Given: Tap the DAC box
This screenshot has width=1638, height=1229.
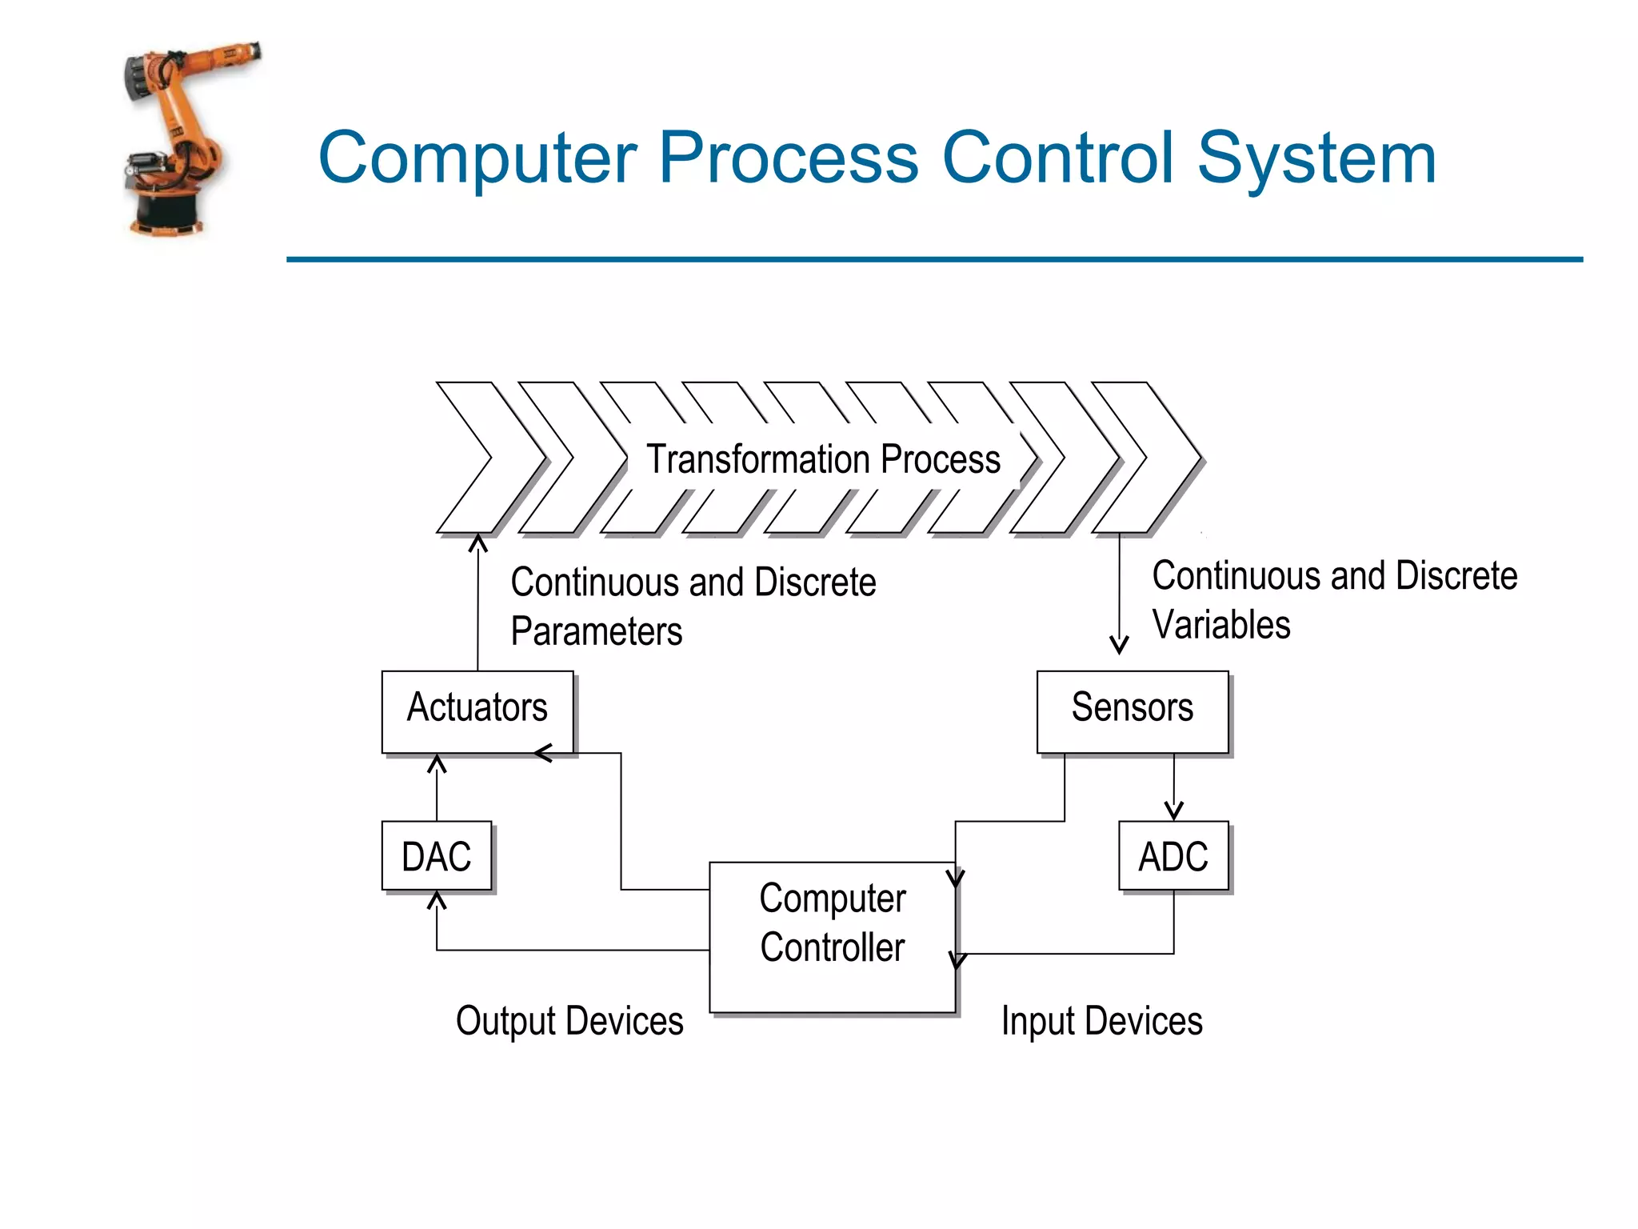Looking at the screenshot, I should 436,855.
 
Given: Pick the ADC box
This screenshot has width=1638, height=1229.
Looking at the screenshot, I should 1173,855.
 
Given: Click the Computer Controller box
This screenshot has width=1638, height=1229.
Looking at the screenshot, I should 832,936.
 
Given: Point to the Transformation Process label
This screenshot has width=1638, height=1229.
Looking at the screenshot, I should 823,459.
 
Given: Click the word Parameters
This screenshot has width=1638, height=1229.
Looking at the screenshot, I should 597,631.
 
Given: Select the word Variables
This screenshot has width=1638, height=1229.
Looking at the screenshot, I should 1221,625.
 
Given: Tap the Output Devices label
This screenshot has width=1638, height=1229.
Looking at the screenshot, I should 569,1021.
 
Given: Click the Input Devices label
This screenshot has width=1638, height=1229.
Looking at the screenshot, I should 1101,1021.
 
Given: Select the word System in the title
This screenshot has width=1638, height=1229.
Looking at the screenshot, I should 1316,158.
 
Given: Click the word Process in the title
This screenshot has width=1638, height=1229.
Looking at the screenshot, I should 789,158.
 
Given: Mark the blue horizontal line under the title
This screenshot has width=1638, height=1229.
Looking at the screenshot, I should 934,259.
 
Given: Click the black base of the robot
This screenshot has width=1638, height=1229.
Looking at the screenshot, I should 167,212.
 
